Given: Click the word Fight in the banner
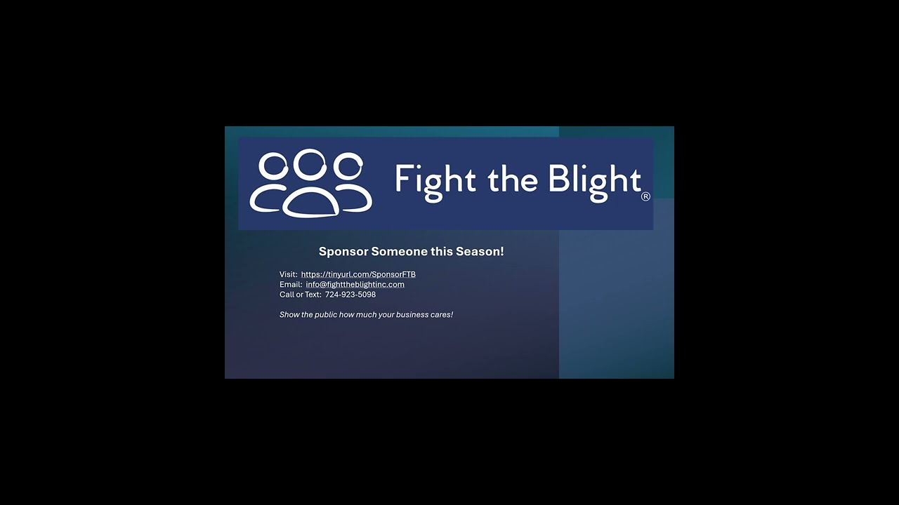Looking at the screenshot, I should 430,180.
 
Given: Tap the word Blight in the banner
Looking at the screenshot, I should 594,180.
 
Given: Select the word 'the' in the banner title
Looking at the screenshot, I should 512,180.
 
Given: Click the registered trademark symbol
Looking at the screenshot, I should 645,197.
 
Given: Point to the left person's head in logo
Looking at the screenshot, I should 273,168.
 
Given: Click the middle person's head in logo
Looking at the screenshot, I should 310,163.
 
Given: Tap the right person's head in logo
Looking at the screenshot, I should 348,168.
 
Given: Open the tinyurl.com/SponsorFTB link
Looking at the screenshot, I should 358,274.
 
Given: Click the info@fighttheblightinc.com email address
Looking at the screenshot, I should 355,284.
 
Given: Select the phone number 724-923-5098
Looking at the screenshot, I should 350,295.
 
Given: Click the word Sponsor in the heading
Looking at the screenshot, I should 343,252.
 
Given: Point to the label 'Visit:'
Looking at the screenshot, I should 289,274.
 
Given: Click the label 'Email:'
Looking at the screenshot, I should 291,284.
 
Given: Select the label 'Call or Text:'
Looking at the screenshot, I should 300,295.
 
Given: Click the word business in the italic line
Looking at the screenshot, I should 412,315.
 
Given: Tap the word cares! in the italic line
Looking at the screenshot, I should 442,315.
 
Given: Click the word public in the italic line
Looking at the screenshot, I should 325,315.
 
